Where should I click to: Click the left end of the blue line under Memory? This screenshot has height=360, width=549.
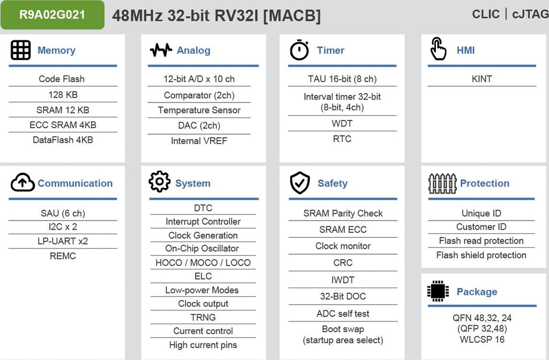9,65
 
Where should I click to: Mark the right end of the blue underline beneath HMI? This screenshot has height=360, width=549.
536,65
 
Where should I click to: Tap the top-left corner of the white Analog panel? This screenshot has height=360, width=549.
141,34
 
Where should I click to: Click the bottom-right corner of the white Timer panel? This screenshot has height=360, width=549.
404,163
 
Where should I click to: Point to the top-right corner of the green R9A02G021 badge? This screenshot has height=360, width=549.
105,1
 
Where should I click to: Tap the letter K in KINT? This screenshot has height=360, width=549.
474,79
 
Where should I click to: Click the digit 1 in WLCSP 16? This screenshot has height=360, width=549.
497,339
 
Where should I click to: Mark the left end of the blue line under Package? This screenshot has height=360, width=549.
428,306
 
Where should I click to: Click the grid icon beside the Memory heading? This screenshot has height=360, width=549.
21,50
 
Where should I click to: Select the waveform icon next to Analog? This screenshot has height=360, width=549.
161,50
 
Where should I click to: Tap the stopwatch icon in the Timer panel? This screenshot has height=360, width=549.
299,50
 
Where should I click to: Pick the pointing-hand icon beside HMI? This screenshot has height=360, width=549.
438,49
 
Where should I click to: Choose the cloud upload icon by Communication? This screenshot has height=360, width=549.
23,182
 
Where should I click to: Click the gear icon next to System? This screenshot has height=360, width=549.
159,181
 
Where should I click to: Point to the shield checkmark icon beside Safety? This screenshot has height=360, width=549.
300,182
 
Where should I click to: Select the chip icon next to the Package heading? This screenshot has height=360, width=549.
438,291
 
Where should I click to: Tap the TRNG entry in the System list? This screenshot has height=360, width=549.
203,317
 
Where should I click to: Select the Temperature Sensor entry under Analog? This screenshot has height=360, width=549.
199,110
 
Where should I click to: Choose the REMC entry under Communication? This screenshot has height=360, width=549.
63,256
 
